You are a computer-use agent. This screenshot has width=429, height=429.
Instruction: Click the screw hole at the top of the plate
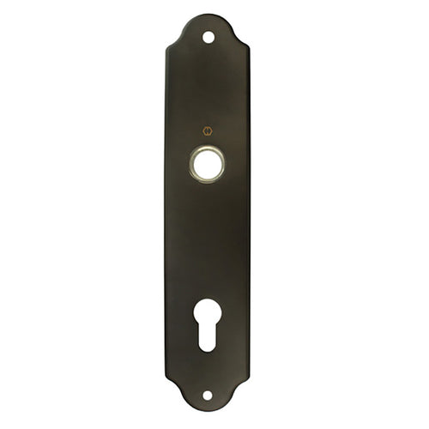click(x=208, y=37)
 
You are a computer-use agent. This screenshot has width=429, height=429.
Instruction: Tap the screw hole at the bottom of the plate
click(x=207, y=396)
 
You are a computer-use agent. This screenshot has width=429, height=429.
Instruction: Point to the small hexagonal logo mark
click(x=207, y=131)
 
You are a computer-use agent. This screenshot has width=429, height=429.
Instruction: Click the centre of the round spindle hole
click(x=207, y=163)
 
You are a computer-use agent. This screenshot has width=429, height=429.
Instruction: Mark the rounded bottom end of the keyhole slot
click(x=207, y=346)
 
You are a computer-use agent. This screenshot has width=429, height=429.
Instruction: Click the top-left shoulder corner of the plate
click(x=167, y=49)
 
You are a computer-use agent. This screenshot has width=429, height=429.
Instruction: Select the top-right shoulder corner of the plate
click(x=247, y=49)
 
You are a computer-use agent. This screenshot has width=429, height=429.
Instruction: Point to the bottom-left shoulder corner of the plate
click(x=167, y=382)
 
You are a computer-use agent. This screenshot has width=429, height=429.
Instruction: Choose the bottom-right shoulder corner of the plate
click(x=247, y=382)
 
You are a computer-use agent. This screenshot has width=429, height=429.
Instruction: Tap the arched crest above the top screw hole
click(x=208, y=17)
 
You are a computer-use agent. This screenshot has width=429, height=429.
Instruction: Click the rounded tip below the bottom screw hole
click(x=207, y=412)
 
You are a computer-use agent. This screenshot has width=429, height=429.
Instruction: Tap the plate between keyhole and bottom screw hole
click(x=207, y=371)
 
